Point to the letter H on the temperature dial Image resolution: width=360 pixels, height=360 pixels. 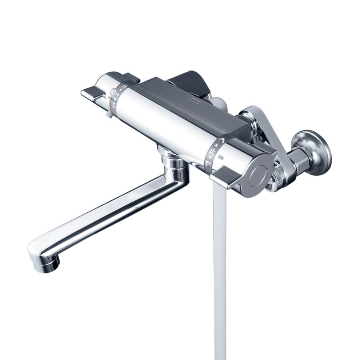125,86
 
